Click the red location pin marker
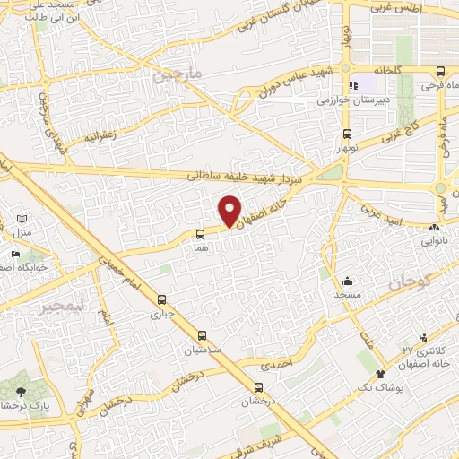(x=230, y=212)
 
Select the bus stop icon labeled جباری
(x=161, y=299)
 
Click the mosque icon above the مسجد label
(x=347, y=280)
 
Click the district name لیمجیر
(x=56, y=306)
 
